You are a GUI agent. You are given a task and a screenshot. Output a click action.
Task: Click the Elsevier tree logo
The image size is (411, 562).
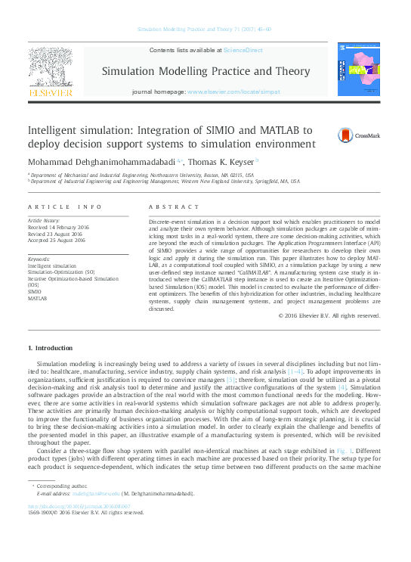[x=51, y=70]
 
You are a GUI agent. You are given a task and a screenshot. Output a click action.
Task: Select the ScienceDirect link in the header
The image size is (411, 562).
[x=243, y=50]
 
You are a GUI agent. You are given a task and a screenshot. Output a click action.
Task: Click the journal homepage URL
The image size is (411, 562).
[x=233, y=92]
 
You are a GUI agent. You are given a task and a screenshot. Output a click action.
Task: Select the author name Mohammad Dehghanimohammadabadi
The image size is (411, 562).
[x=99, y=161]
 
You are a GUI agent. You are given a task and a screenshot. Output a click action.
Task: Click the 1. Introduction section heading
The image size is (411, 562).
[x=50, y=347]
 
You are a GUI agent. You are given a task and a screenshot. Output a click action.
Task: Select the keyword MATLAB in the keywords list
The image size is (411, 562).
[x=38, y=299]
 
